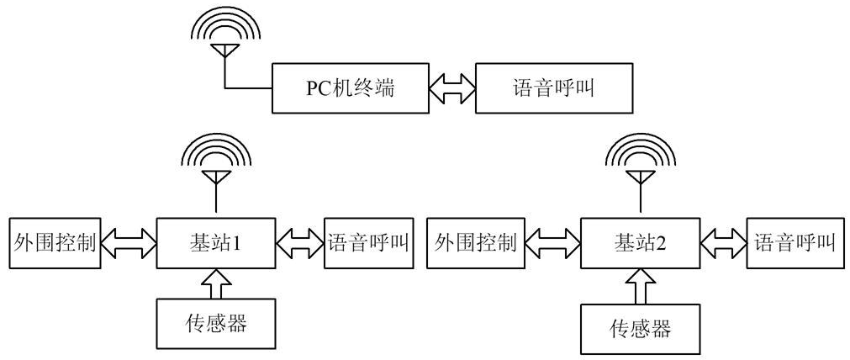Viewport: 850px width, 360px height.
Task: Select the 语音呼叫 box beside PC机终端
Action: tap(553, 87)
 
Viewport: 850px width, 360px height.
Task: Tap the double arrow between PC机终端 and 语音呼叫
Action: tap(452, 87)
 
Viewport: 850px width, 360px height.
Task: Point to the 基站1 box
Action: tap(217, 244)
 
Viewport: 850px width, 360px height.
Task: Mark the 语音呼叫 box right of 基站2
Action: tap(794, 244)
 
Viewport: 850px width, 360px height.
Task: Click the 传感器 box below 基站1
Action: tap(217, 323)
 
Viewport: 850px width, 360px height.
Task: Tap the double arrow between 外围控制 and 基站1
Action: tap(128, 244)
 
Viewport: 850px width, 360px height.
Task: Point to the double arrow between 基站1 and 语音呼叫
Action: tap(300, 244)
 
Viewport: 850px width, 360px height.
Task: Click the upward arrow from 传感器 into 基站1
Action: tap(217, 283)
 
